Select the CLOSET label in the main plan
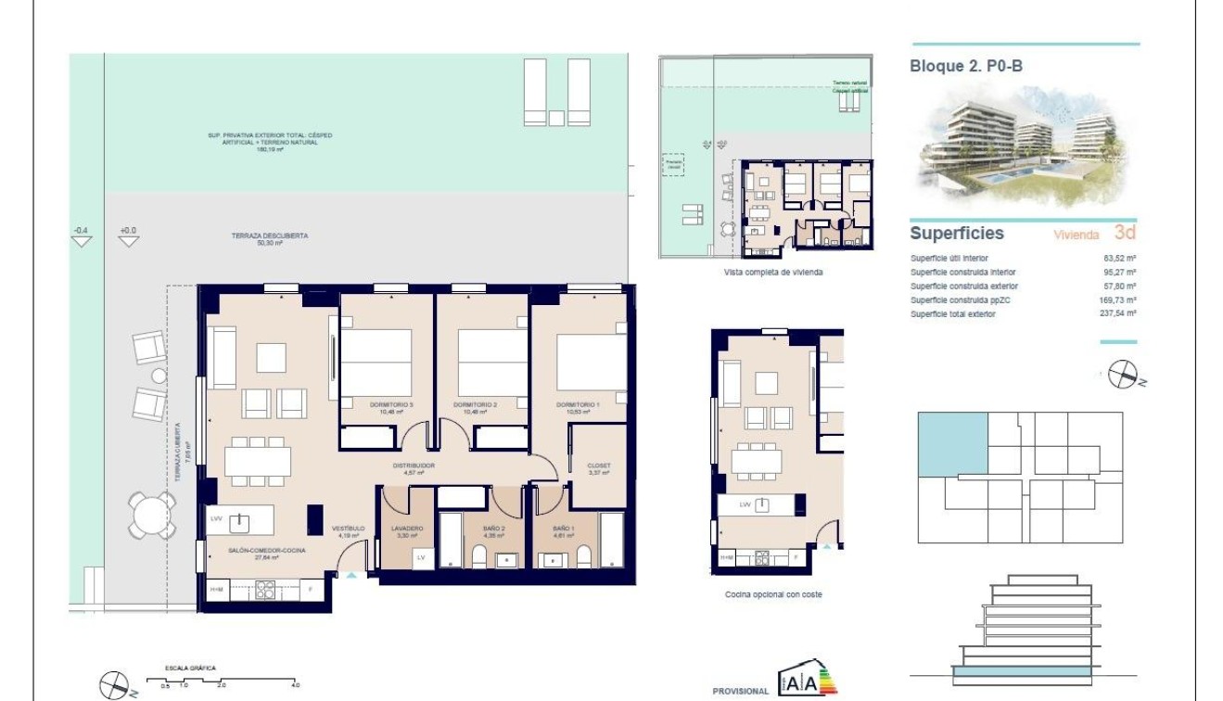pyautogui.click(x=599, y=465)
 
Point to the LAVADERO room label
pyautogui.click(x=409, y=529)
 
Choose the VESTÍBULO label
pyautogui.click(x=348, y=529)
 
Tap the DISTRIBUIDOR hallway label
pyautogui.click(x=414, y=465)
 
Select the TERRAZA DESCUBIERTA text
pyautogui.click(x=269, y=236)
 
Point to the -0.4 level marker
pyautogui.click(x=82, y=230)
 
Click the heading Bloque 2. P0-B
pyautogui.click(x=966, y=66)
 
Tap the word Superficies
pyautogui.click(x=957, y=234)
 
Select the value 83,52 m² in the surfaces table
pyautogui.click(x=1120, y=259)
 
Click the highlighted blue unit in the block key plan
pyautogui.click(x=952, y=445)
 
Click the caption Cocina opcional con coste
pyautogui.click(x=773, y=594)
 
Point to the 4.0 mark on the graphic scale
pyautogui.click(x=295, y=684)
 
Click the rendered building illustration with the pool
pyautogui.click(x=1024, y=147)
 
